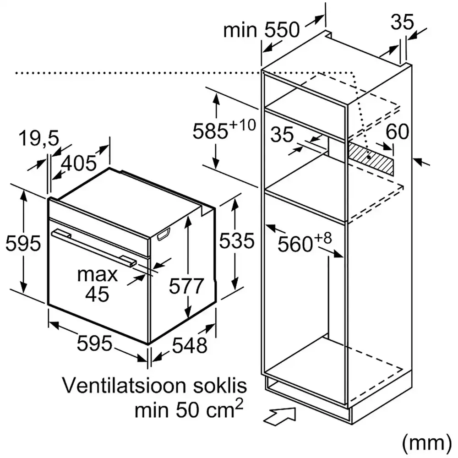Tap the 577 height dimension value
pos(185,286)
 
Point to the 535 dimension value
pos(236,240)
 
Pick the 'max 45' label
pos(97,284)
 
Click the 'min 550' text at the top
pos(262,30)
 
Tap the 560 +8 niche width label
pos(304,243)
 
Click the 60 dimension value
pos(397,132)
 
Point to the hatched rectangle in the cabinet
pos(371,158)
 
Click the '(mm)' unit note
pos(424,442)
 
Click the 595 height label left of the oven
pos(23,243)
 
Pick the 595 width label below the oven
pos(94,343)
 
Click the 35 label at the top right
pos(403,22)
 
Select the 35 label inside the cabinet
pos(281,134)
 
